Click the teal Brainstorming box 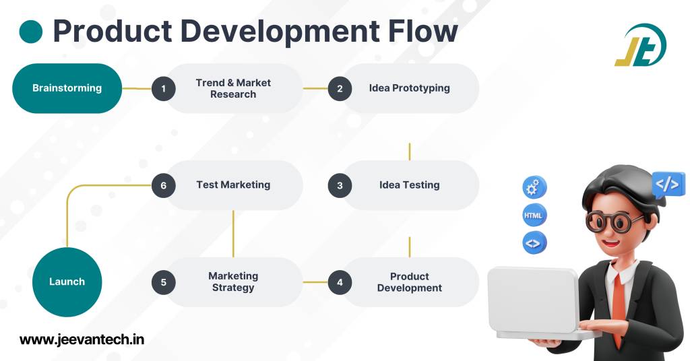(67, 88)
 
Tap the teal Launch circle (67, 282)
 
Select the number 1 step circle (163, 88)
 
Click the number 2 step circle (340, 88)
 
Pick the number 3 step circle (340, 185)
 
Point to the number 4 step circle (340, 282)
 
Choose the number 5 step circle (163, 282)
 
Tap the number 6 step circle (163, 185)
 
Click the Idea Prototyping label (409, 88)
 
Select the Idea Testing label (409, 185)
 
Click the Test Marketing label (233, 185)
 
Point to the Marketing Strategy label (233, 282)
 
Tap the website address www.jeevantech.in (82, 339)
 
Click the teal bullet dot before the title (30, 32)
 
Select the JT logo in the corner (640, 46)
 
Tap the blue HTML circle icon (534, 216)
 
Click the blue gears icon (534, 187)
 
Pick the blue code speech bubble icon (667, 184)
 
